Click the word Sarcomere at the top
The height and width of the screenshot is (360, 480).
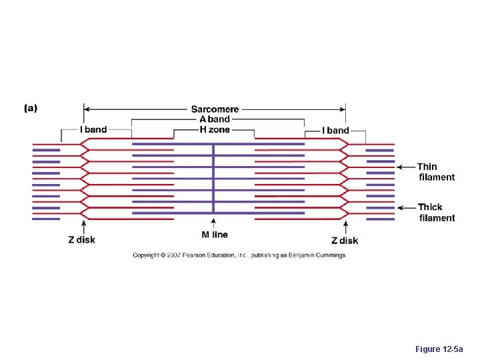pos(215,109)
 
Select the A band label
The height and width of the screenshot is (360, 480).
pos(215,119)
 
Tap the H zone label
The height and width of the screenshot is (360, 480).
pos(215,129)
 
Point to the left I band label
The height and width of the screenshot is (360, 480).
pos(93,129)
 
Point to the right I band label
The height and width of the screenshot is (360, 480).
pos(335,130)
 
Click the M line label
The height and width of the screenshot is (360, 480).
pos(215,235)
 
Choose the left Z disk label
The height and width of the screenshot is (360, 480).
pos(81,240)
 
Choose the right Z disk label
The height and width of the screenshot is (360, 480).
pos(345,240)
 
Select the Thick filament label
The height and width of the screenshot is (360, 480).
pos(437,212)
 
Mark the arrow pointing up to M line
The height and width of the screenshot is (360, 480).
pos(213,223)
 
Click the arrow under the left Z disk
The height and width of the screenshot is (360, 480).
pos(83,227)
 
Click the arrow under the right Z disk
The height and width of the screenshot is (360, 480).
pos(345,227)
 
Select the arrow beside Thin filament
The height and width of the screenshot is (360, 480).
pos(406,167)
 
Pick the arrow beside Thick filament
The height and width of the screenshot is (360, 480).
pos(406,207)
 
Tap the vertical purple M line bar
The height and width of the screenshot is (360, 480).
pos(213,180)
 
